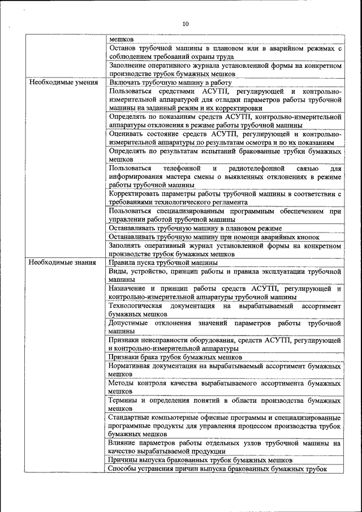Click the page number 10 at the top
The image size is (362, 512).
point(186,23)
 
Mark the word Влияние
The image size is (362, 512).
point(124,443)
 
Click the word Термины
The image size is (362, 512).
point(123,400)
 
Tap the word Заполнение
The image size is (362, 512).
point(130,66)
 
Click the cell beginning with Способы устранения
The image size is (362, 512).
point(218,468)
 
